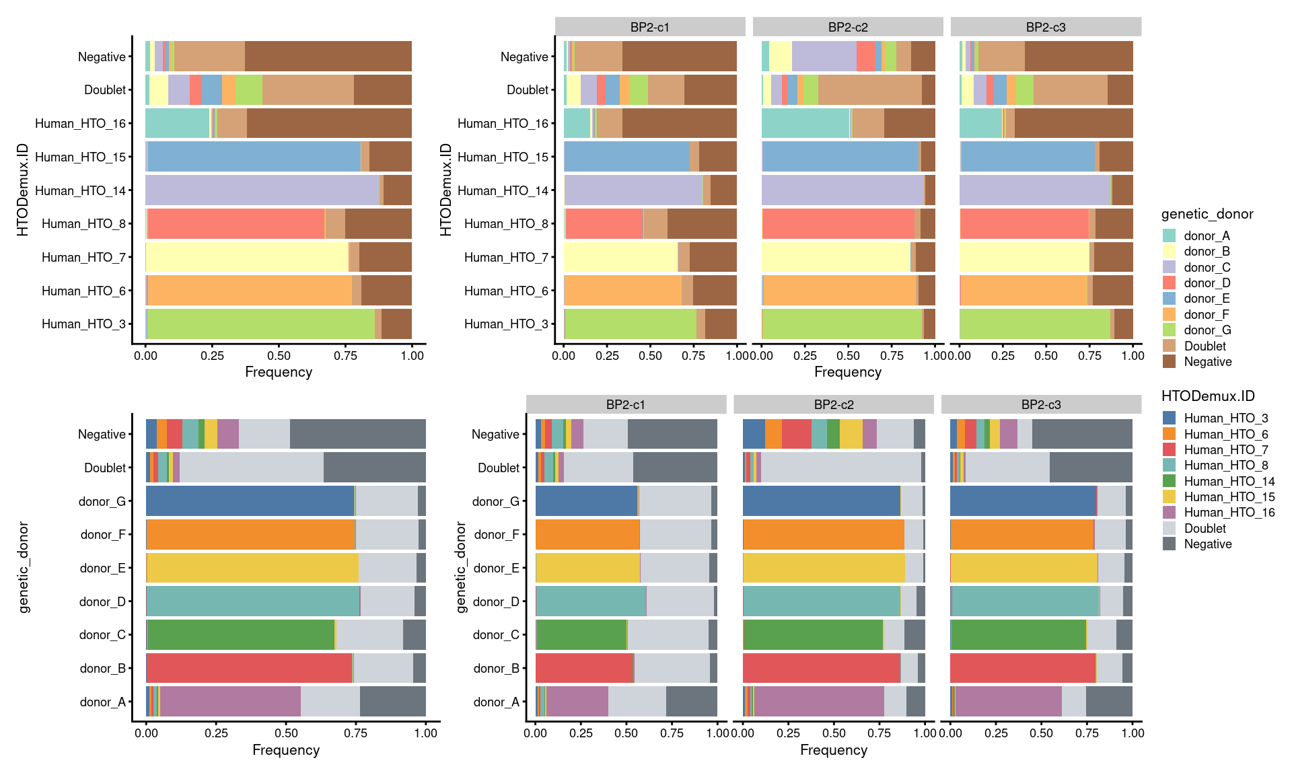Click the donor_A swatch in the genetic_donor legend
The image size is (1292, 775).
[x=1169, y=235]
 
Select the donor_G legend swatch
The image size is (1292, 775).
[x=1169, y=330]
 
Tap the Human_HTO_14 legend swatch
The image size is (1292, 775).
[x=1169, y=481]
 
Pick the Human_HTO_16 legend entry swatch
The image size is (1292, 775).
[x=1169, y=513]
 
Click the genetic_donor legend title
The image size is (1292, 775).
[x=1207, y=214]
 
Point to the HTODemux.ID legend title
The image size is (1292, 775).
[x=1207, y=396]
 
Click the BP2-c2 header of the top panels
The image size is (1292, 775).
[x=848, y=27]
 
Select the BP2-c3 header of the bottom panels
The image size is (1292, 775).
[x=1041, y=404]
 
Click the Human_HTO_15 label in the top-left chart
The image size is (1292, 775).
[x=80, y=157]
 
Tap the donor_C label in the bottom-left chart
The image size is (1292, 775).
[x=102, y=634]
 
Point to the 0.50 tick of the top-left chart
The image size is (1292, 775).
[x=279, y=355]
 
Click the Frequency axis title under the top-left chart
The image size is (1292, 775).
[x=279, y=372]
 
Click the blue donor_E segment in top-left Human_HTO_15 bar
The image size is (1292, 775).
[x=254, y=157]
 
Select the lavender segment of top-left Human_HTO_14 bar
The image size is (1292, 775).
[x=262, y=190]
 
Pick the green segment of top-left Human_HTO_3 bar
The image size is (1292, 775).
[x=261, y=324]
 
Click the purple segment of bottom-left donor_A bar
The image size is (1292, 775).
[x=230, y=702]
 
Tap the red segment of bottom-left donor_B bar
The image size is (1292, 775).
[x=249, y=668]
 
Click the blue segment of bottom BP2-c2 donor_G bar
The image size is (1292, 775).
[x=821, y=501]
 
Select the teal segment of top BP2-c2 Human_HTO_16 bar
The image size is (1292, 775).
[x=805, y=123]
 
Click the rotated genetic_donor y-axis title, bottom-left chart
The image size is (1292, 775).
[x=24, y=568]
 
